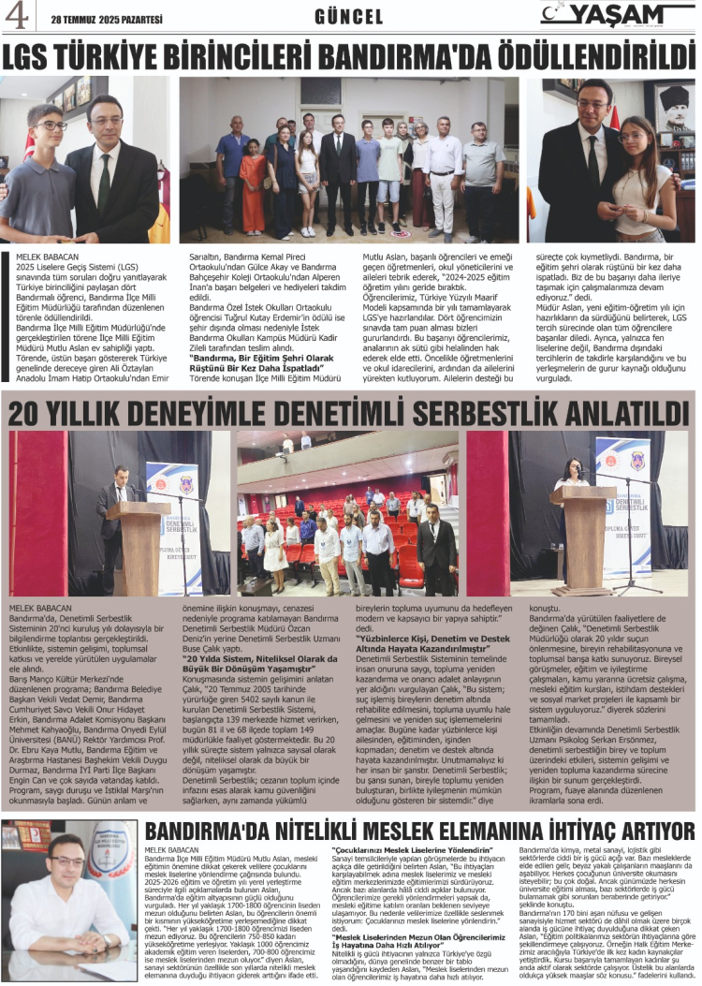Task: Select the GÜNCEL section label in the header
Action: coord(349,17)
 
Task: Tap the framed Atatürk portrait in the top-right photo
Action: coord(673,103)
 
